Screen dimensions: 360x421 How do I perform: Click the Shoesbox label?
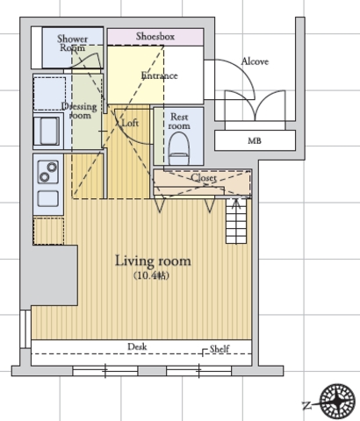pyautogui.click(x=155, y=36)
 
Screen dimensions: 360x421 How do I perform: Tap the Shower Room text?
pyautogui.click(x=72, y=43)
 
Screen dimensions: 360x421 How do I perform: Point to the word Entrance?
pyautogui.click(x=159, y=75)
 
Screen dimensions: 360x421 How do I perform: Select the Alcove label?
pyautogui.click(x=255, y=61)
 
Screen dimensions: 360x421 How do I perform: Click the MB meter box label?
pyautogui.click(x=255, y=141)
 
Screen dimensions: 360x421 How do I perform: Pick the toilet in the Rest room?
pyautogui.click(x=179, y=148)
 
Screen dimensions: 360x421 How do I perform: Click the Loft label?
pyautogui.click(x=130, y=123)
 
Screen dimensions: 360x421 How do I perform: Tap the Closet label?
pyautogui.click(x=204, y=177)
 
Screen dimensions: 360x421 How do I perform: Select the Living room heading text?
pyautogui.click(x=153, y=261)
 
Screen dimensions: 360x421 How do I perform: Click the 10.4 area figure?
pyautogui.click(x=152, y=275)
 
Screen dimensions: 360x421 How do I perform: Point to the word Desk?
pyautogui.click(x=137, y=346)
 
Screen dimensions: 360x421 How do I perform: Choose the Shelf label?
pyautogui.click(x=220, y=348)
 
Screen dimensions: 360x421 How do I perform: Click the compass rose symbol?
pyautogui.click(x=337, y=402)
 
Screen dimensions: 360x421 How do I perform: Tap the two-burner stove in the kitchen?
pyautogui.click(x=48, y=172)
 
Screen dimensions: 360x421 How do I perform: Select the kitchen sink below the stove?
pyautogui.click(x=47, y=199)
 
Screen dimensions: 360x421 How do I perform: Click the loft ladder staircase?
pyautogui.click(x=236, y=221)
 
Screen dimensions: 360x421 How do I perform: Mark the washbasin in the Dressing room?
pyautogui.click(x=48, y=131)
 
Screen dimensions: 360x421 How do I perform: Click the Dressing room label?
pyautogui.click(x=79, y=111)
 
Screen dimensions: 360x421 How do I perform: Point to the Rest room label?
pyautogui.click(x=179, y=121)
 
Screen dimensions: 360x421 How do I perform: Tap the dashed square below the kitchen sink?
pyautogui.click(x=48, y=231)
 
